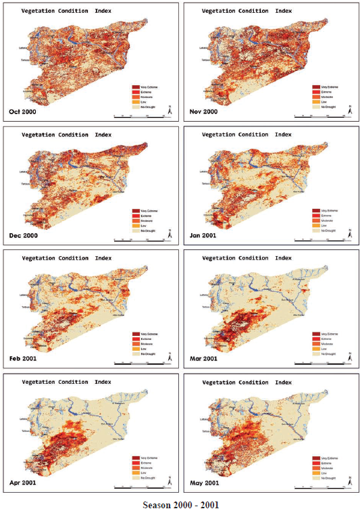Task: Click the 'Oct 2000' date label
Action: [x=24, y=111]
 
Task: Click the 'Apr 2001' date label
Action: [x=24, y=483]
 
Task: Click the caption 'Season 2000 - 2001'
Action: [x=180, y=504]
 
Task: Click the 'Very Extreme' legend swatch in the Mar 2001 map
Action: [x=316, y=333]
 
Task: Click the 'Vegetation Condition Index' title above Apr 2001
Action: [x=66, y=381]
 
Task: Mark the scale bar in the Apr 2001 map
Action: [x=142, y=487]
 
